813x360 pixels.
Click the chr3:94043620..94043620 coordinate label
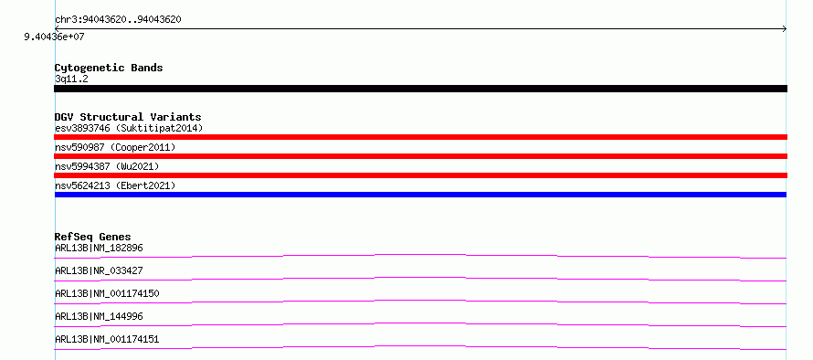[x=118, y=20]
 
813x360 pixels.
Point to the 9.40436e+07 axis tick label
[x=55, y=37]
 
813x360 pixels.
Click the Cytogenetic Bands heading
[x=109, y=68]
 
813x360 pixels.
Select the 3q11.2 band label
[x=71, y=79]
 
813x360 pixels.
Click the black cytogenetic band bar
[x=420, y=89]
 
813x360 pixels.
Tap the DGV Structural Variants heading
[x=128, y=117]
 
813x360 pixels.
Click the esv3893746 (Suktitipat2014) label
[x=129, y=128]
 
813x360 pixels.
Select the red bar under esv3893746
[x=420, y=137]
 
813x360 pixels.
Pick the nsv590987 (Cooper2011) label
[x=116, y=147]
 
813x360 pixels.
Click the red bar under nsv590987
[x=420, y=156]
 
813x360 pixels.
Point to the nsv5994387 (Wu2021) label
[x=107, y=166]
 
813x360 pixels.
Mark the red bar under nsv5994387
[x=420, y=175]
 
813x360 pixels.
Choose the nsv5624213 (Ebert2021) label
[x=116, y=185]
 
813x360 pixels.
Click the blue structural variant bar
[x=420, y=195]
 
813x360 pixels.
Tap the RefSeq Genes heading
[x=93, y=237]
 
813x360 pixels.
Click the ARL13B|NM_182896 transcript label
[x=99, y=248]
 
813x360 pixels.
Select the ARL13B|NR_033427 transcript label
[x=99, y=270]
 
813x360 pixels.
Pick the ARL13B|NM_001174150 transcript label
[x=107, y=293]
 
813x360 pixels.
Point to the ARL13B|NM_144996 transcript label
[x=99, y=316]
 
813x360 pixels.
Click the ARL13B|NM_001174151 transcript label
[x=107, y=339]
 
